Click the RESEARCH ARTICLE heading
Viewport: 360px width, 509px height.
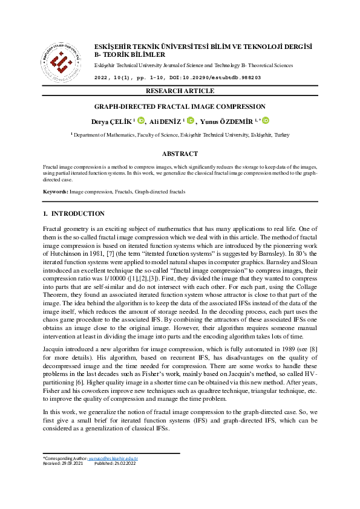[x=180, y=91]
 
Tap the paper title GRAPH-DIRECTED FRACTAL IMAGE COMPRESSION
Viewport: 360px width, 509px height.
[x=180, y=106]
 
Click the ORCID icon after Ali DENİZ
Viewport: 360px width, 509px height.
[x=189, y=121]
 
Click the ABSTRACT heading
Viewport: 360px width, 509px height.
[x=180, y=154]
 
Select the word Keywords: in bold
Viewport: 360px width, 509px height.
[x=55, y=192]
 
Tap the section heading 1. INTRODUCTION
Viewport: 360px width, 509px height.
[x=74, y=213]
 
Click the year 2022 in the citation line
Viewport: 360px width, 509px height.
[x=103, y=78]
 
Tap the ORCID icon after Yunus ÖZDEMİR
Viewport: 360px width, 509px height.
[x=264, y=121]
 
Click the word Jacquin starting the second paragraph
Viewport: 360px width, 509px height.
[x=54, y=349]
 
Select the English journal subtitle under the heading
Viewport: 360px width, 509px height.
[x=193, y=65]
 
